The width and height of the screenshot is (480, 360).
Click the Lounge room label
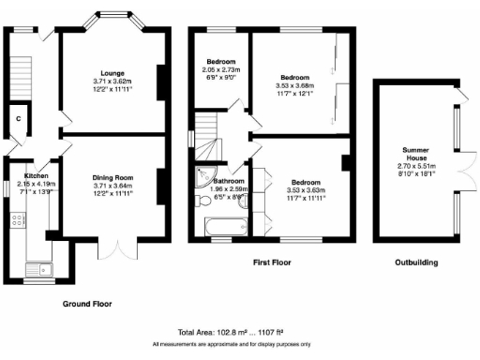click(113, 71)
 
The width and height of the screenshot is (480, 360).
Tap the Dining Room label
click(113, 177)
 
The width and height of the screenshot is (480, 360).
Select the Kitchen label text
click(37, 175)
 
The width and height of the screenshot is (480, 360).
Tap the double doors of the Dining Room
click(115, 250)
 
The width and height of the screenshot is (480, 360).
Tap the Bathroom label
click(230, 181)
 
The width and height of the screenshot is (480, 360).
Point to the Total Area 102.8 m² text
click(239, 333)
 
